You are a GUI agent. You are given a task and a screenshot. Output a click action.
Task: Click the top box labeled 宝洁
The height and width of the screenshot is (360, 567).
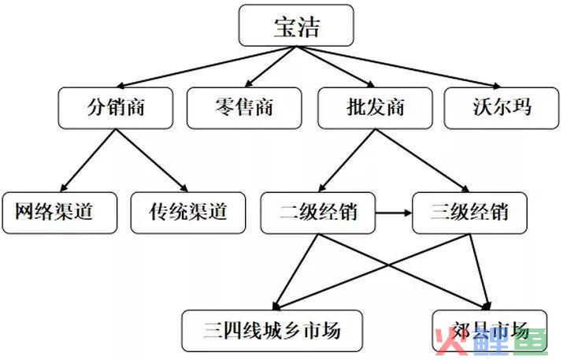pos(296,25)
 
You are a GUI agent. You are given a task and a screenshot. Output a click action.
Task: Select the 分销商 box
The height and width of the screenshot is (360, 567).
pos(115,108)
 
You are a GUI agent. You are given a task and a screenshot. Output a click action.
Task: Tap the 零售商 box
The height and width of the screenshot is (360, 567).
pos(244,108)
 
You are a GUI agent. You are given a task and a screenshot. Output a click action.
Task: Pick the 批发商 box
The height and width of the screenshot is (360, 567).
pos(375,108)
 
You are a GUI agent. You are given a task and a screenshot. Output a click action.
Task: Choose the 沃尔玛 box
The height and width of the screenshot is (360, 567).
pos(502,108)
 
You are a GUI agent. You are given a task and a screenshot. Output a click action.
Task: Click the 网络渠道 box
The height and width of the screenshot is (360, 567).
pos(60,213)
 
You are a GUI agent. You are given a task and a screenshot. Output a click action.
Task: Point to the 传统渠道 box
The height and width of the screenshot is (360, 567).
pos(188,213)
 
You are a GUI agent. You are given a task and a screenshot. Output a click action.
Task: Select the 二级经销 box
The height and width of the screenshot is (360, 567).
pos(318,213)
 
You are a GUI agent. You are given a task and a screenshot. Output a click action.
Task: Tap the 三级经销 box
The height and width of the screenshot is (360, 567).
pos(469,213)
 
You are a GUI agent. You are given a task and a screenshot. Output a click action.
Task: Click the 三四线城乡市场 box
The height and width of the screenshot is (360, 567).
pos(272,331)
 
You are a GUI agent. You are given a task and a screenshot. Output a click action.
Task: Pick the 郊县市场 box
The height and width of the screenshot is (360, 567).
pos(490,331)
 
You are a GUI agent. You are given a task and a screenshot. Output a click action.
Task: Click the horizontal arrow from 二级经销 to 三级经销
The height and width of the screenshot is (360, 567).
pos(394,213)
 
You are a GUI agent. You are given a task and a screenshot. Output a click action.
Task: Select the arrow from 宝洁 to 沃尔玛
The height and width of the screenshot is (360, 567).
pos(398,67)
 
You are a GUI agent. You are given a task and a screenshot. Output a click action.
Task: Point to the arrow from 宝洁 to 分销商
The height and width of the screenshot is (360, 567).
pos(206,67)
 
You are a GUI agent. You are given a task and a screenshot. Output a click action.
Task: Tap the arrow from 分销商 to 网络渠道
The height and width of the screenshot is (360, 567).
pos(88,160)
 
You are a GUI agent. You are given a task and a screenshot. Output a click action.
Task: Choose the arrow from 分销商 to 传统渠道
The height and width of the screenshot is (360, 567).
pos(152,160)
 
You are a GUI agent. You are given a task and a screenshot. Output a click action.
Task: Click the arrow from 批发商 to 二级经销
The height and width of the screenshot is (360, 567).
pos(346,160)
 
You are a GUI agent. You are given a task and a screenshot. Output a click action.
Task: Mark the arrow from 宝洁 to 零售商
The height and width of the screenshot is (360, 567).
pos(270,67)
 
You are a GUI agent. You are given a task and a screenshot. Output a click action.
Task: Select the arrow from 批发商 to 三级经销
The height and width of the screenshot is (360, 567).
pos(422,160)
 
